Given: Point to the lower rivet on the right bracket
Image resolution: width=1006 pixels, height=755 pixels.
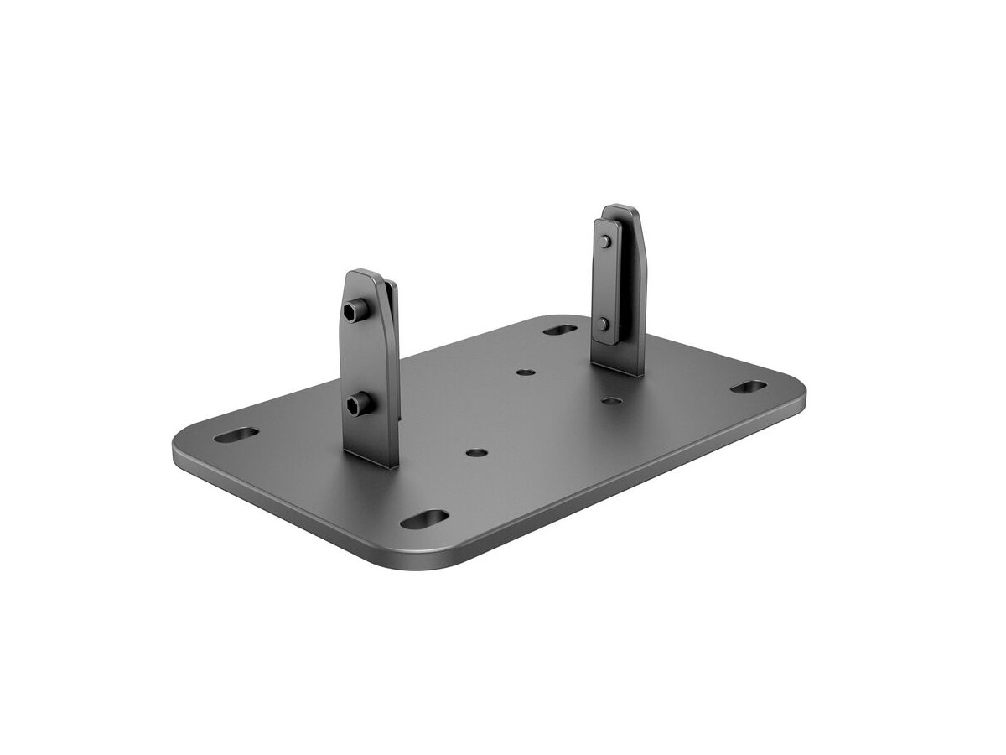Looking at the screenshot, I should [604, 323].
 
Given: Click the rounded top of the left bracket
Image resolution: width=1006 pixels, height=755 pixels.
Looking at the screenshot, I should [370, 277].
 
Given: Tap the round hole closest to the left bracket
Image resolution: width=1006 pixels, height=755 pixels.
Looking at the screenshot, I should [476, 451].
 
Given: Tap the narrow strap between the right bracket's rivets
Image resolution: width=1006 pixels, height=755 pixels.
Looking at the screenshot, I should [604, 283].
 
